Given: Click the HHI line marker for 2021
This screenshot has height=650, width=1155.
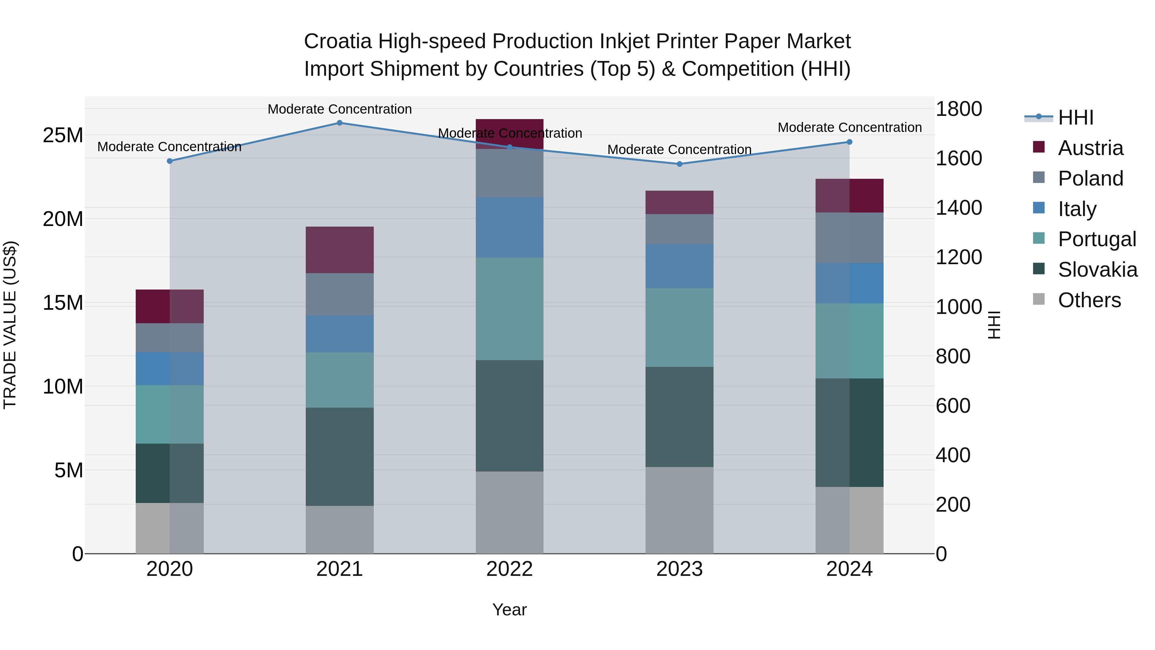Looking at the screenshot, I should [339, 123].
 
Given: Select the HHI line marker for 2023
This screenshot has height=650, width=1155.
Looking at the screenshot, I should [679, 164].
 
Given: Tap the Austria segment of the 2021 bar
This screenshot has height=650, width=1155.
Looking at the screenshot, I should [339, 250].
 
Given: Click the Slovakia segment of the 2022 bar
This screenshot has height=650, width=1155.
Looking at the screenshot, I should [509, 415].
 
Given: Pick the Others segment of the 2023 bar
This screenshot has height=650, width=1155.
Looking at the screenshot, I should [679, 510].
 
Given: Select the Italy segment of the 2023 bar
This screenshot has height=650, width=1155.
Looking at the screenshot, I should [679, 266].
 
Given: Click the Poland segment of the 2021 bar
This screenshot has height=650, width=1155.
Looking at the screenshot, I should [339, 294].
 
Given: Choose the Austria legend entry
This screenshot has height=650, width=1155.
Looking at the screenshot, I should [1090, 148].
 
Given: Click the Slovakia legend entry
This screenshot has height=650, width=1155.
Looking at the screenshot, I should [1097, 270].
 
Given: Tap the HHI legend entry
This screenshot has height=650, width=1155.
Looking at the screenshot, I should [1075, 117].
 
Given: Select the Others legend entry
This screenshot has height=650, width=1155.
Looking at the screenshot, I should [1089, 300].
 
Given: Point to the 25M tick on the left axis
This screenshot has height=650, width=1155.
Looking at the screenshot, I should [63, 135].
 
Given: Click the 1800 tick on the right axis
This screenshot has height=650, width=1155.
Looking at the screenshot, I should [959, 109].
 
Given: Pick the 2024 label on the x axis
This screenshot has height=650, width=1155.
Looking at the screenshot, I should [849, 569].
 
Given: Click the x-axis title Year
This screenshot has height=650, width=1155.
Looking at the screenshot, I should [509, 610].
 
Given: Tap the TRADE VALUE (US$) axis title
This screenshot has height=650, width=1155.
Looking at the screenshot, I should [10, 325].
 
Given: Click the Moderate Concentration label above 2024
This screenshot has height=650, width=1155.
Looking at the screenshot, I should [849, 127].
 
